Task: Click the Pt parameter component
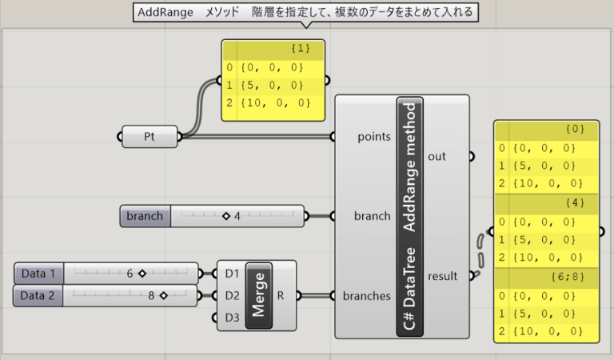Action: [150, 136]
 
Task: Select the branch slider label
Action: [145, 216]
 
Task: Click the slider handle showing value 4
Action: [225, 216]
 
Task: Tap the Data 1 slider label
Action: [39, 274]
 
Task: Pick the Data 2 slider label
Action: [39, 295]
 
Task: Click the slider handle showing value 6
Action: [142, 274]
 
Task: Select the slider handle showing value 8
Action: [162, 295]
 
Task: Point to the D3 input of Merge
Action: [232, 318]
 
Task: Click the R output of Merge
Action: [281, 295]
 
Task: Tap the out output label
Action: [437, 157]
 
